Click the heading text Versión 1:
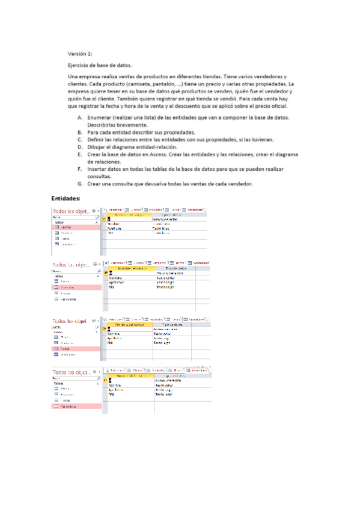81,54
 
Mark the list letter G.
81,184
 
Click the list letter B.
80,131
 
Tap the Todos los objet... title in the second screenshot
71,264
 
